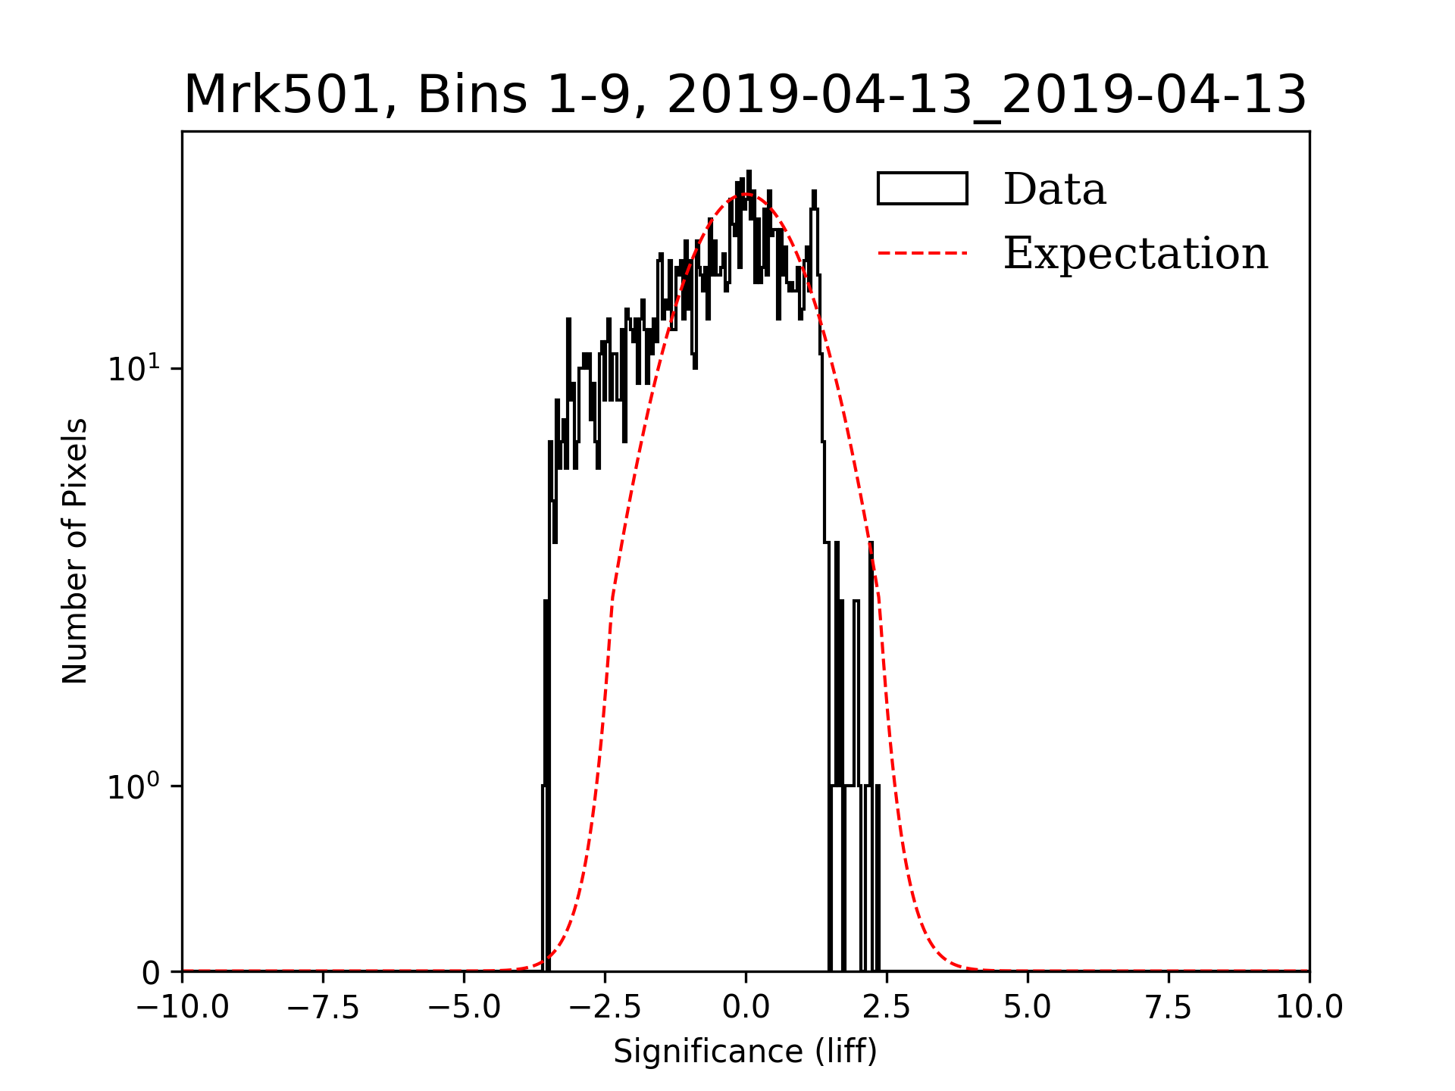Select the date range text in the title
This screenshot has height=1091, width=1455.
pyautogui.click(x=987, y=95)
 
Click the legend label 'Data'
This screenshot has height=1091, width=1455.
pyautogui.click(x=1054, y=189)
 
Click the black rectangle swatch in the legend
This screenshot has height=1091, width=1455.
pyautogui.click(x=922, y=189)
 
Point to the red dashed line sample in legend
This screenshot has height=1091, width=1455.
pyautogui.click(x=922, y=253)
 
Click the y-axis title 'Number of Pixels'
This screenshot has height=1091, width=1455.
pyautogui.click(x=75, y=551)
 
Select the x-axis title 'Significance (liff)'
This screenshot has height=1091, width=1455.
pyautogui.click(x=745, y=1052)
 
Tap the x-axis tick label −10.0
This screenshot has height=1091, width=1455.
pyautogui.click(x=183, y=1007)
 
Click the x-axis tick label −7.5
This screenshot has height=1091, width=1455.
pyautogui.click(x=324, y=1007)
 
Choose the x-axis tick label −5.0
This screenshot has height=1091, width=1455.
pyautogui.click(x=465, y=1007)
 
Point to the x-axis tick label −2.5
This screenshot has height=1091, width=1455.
pyautogui.click(x=605, y=1007)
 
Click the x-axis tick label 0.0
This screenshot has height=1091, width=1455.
pyautogui.click(x=746, y=1007)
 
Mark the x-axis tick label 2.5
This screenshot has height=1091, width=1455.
pyautogui.click(x=887, y=1007)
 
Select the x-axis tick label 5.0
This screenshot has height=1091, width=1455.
pyautogui.click(x=1028, y=1007)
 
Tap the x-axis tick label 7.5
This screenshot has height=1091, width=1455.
pyautogui.click(x=1169, y=1007)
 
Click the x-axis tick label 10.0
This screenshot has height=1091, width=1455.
pyautogui.click(x=1309, y=1007)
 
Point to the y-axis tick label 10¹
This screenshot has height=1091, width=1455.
pyautogui.click(x=134, y=369)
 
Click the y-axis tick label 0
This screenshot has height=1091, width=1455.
pyautogui.click(x=152, y=974)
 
